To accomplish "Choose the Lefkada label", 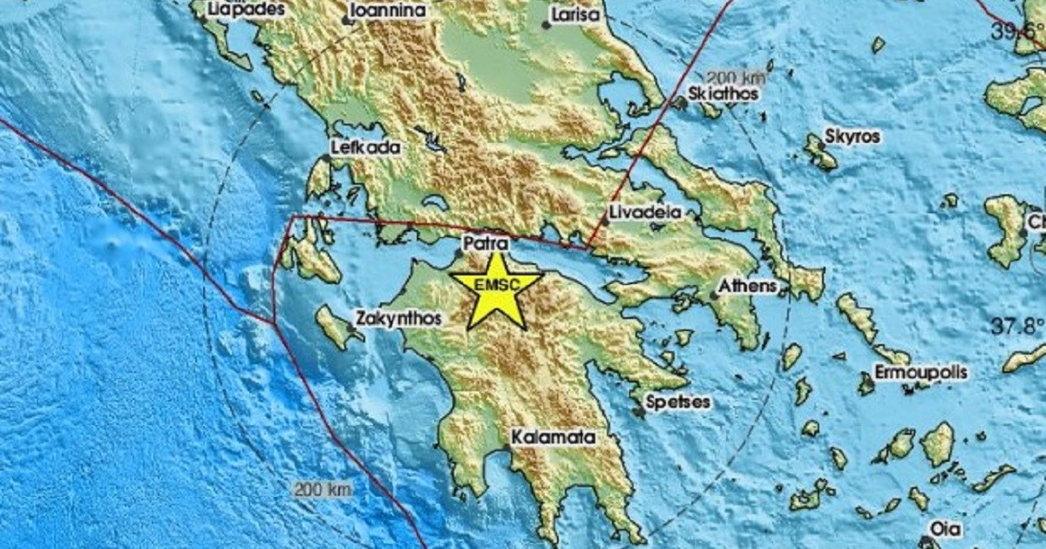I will (366, 147).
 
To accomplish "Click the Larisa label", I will (576, 16).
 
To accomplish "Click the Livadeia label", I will (644, 212).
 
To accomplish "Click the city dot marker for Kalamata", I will (506, 449).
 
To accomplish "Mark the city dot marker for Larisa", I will (546, 25).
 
